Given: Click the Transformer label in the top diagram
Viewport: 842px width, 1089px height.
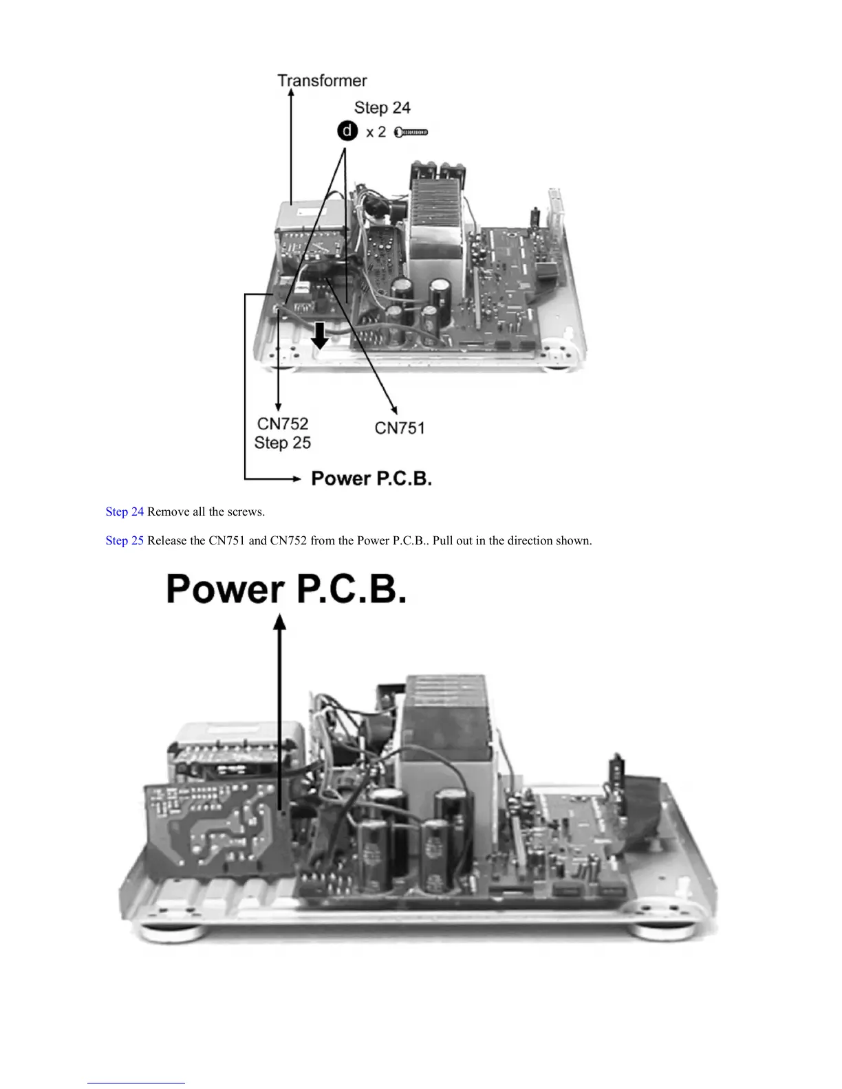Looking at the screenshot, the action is (x=322, y=81).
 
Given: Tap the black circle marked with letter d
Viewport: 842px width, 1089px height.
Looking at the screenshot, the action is (x=348, y=131).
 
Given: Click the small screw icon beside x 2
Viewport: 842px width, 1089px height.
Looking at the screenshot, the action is (x=411, y=132).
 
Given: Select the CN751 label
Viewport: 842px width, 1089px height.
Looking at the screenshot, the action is (x=400, y=428).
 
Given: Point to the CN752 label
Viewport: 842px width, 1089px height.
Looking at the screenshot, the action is (x=283, y=423).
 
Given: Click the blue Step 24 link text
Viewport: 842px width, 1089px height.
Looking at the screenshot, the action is (x=125, y=511).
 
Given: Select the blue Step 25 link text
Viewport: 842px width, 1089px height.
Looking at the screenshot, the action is (x=125, y=540).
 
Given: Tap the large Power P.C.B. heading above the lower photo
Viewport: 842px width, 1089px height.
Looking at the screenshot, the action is (x=286, y=589).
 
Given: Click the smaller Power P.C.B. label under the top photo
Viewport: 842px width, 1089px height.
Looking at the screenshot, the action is (x=371, y=478).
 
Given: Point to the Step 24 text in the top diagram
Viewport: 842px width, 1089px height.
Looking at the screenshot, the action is (x=382, y=108).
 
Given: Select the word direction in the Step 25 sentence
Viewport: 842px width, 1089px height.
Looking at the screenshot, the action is (x=509, y=540).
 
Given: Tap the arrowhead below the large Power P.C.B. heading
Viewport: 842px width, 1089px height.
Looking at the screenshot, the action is (x=280, y=621).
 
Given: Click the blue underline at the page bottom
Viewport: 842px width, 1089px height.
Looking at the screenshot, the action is (x=136, y=1083).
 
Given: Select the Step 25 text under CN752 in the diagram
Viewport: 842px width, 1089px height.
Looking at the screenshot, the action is (x=283, y=443).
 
